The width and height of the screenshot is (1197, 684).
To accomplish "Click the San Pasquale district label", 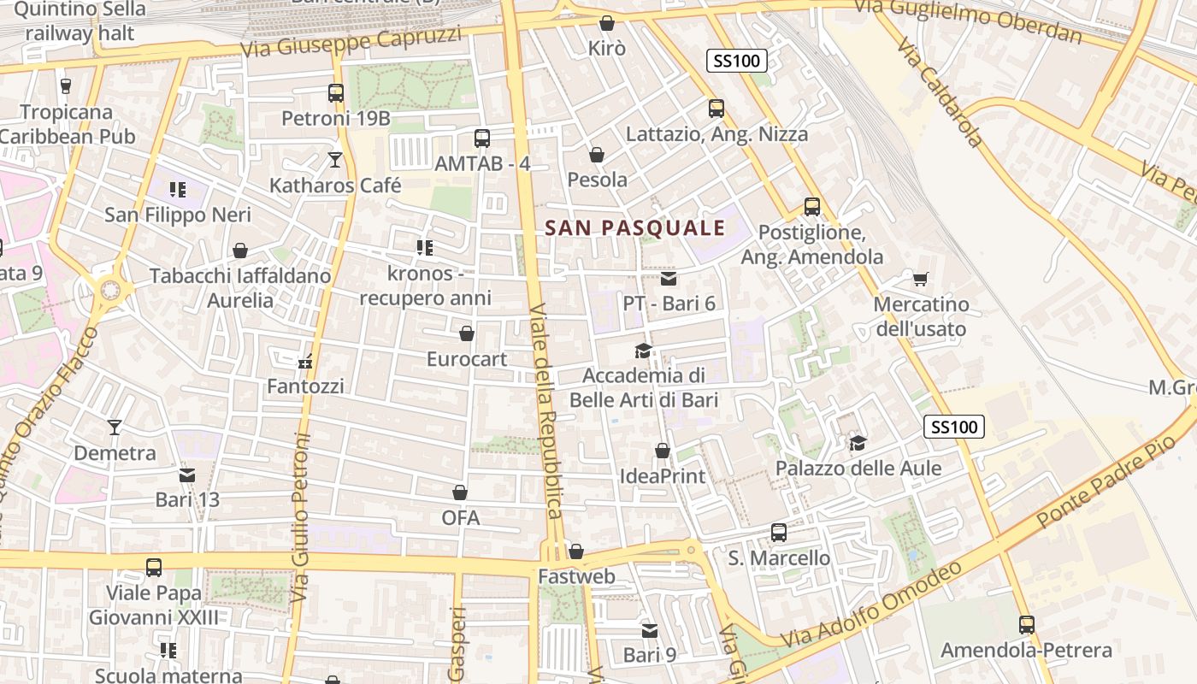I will click(x=634, y=227).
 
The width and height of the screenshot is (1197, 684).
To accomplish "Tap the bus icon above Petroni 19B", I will click(x=336, y=92).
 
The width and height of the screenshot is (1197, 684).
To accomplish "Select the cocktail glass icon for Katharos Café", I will click(x=335, y=159).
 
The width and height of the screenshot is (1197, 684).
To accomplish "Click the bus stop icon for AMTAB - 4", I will click(x=482, y=138).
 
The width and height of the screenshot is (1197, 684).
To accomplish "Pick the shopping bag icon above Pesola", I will click(x=597, y=155).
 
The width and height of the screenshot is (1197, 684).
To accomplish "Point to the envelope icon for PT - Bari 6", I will click(x=669, y=278).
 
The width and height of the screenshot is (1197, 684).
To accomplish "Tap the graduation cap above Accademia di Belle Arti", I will click(x=643, y=351).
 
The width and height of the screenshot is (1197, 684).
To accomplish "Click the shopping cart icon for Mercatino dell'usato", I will click(x=921, y=279).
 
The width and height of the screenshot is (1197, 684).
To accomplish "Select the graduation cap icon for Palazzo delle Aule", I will click(x=858, y=443).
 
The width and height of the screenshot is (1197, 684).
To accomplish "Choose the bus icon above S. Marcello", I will click(x=779, y=533).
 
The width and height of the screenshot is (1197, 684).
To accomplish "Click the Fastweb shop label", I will click(x=576, y=577).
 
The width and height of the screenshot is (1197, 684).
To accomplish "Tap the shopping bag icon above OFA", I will click(x=460, y=492).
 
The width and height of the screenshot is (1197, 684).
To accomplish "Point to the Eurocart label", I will click(x=467, y=359).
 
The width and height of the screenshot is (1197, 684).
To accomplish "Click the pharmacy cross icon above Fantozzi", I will click(x=305, y=362).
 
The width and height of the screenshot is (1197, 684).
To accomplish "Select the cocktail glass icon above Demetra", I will click(x=115, y=427).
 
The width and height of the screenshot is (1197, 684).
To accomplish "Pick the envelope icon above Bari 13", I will click(x=187, y=475).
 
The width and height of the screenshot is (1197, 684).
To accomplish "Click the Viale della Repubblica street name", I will click(x=545, y=410).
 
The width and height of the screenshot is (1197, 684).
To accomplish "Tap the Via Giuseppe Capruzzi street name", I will click(x=351, y=43).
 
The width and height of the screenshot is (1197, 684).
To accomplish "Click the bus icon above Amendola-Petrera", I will click(x=1027, y=625).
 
